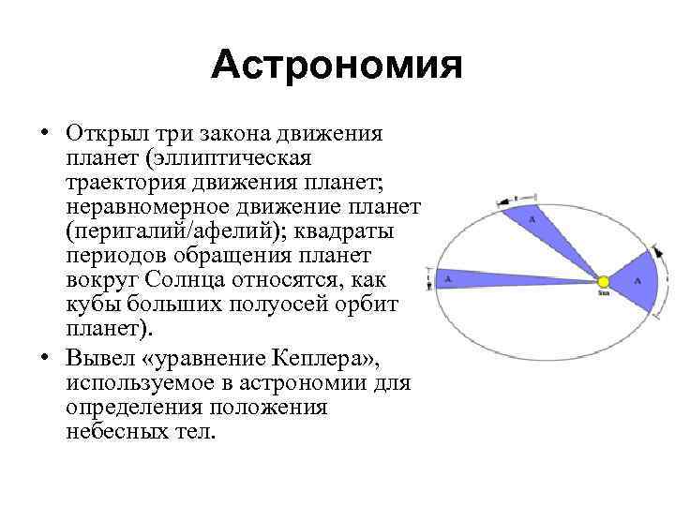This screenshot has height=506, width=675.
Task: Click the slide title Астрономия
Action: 337,67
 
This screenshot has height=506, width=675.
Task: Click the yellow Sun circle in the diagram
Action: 604,281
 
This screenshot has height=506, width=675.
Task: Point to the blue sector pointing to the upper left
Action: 544,225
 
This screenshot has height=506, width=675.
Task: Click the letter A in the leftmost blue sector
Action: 449,278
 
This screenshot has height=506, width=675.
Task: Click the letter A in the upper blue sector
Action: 532,218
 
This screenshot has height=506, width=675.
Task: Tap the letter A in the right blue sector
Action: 638,280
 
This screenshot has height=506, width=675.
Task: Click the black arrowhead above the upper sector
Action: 514,198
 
